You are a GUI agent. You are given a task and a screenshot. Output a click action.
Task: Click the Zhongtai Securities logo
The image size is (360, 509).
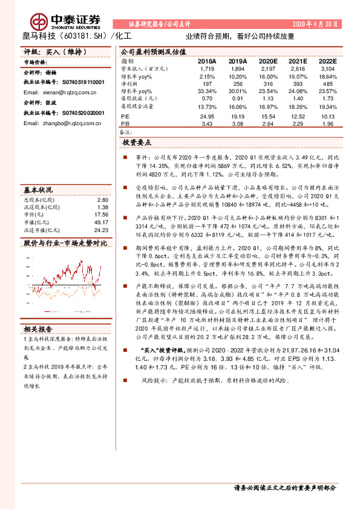(x=57, y=21)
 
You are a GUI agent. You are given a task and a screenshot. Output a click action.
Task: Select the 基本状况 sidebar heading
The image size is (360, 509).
(x=37, y=188)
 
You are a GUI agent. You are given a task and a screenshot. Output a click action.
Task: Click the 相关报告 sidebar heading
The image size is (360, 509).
(x=37, y=312)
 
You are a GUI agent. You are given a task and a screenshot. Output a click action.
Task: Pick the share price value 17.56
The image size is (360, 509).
(x=101, y=215)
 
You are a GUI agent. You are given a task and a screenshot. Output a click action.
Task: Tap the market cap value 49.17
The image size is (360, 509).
(x=101, y=222)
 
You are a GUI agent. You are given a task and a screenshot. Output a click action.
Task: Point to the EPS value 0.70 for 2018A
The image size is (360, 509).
(x=207, y=97)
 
